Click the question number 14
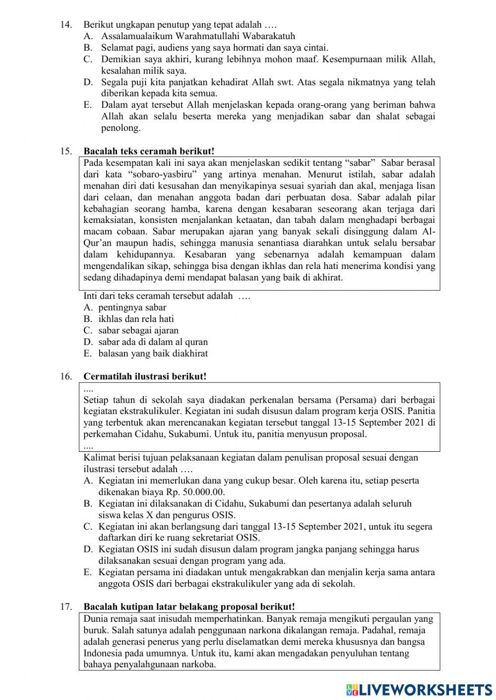click(x=66, y=24)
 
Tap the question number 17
click(x=66, y=607)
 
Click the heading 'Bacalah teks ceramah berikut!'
click(x=149, y=151)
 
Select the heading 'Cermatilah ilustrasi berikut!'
click(x=145, y=377)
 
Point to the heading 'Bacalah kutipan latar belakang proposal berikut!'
click(x=189, y=607)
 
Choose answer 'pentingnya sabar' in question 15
click(x=132, y=308)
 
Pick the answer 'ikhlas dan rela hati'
click(x=136, y=319)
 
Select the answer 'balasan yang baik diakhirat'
click(x=153, y=354)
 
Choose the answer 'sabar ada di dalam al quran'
click(x=153, y=342)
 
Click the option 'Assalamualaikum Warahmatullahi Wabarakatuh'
click(x=198, y=36)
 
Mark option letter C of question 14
click(x=88, y=59)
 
